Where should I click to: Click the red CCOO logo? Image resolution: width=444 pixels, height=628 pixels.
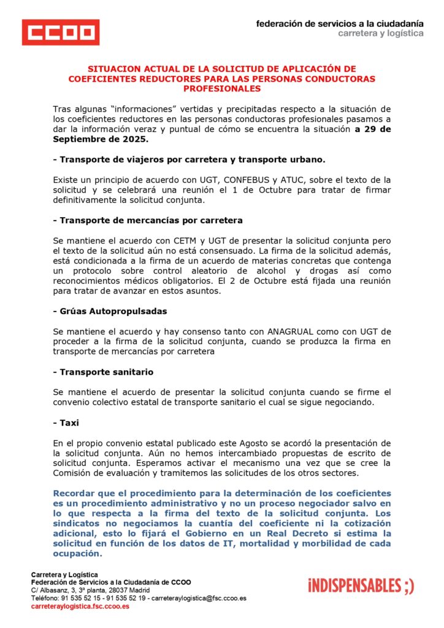tap(60, 32)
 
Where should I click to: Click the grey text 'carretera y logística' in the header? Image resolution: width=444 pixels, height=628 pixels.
tap(380, 33)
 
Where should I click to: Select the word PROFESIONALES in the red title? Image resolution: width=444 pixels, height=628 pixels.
tap(221, 89)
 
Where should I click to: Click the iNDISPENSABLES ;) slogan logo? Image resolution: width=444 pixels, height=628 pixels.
tap(361, 586)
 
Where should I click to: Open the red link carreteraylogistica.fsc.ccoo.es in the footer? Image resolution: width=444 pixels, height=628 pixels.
tap(80, 606)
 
